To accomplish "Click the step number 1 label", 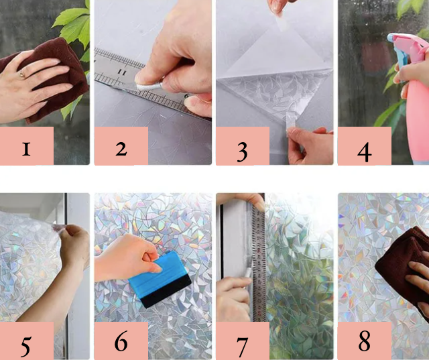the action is [x=26, y=149].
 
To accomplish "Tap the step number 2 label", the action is [x=121, y=149].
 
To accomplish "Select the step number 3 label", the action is [x=242, y=152].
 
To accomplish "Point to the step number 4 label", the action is [x=365, y=152].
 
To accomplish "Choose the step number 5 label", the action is [x=25, y=347].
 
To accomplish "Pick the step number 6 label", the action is [x=121, y=341].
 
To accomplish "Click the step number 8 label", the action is [x=365, y=341].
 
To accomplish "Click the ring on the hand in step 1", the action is [x=21, y=74].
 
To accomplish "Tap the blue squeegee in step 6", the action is [x=160, y=279].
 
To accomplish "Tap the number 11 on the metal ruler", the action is [x=122, y=72].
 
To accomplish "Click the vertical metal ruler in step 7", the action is [x=257, y=263].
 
